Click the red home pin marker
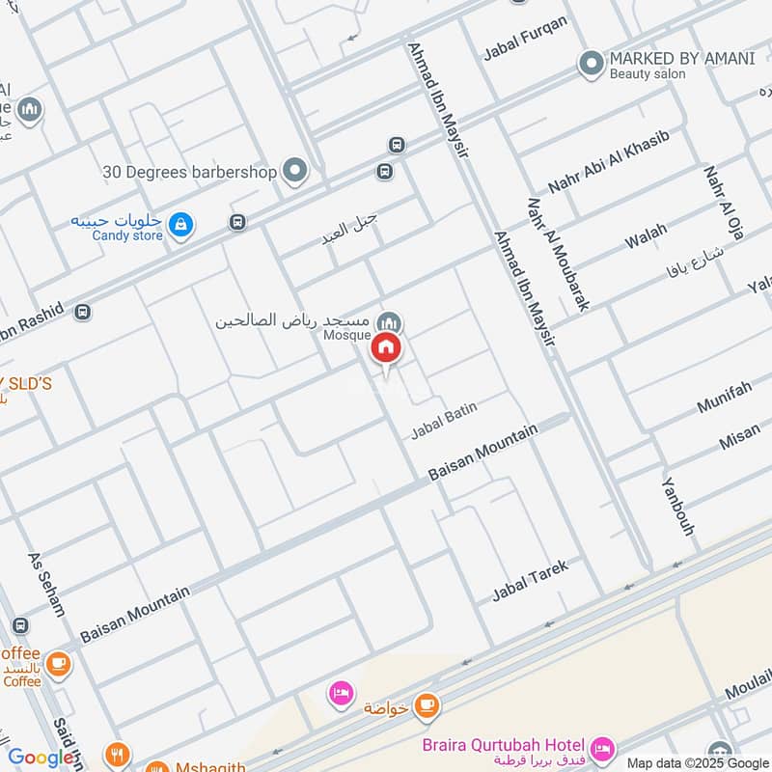(386, 348)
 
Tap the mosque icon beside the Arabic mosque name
(389, 322)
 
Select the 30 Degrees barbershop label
(190, 172)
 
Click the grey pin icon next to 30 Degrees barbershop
(295, 172)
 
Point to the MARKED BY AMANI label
(681, 58)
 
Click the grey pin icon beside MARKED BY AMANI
(591, 65)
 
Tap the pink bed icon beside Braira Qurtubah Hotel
(602, 748)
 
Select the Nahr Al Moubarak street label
(558, 255)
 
